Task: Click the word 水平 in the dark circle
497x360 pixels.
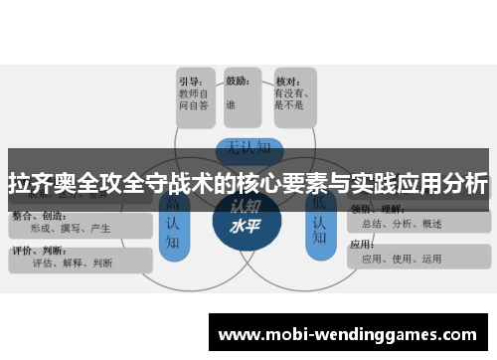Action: coord(245,226)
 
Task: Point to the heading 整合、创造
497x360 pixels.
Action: coord(38,215)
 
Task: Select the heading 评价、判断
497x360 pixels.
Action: coord(38,251)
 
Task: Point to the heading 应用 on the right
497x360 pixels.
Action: coord(362,244)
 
